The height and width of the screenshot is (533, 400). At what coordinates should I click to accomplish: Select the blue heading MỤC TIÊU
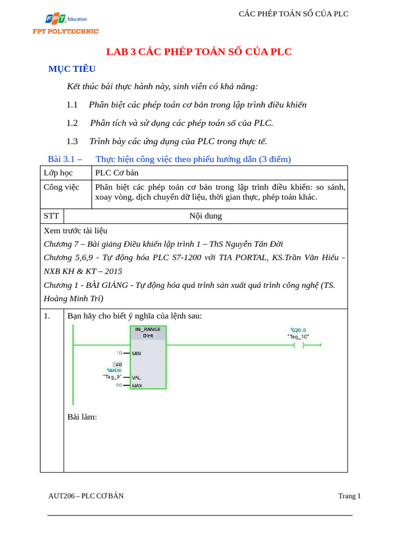pyautogui.click(x=72, y=69)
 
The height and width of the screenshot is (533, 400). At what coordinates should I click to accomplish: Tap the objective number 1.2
pyautogui.click(x=72, y=123)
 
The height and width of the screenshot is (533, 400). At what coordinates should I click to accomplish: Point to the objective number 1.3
pyautogui.click(x=72, y=141)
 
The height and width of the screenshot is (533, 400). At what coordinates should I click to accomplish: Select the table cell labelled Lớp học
pyautogui.click(x=58, y=173)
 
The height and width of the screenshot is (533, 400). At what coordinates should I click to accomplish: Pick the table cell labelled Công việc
pyautogui.click(x=61, y=187)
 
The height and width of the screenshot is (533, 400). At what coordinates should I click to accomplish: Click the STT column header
pyautogui.click(x=52, y=216)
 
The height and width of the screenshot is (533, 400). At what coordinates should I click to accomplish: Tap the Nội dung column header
pyautogui.click(x=205, y=216)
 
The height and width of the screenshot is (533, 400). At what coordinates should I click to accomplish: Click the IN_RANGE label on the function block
pyautogui.click(x=148, y=329)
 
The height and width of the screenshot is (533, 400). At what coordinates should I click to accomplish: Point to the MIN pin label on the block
pyautogui.click(x=136, y=353)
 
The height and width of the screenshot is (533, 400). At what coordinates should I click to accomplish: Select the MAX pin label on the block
pyautogui.click(x=137, y=386)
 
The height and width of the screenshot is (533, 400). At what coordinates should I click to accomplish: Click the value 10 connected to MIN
pyautogui.click(x=119, y=353)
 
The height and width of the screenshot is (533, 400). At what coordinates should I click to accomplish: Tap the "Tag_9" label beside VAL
pyautogui.click(x=112, y=376)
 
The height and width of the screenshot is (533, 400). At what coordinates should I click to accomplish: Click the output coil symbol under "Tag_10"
pyautogui.click(x=299, y=345)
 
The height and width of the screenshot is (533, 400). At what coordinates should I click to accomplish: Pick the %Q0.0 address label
pyautogui.click(x=298, y=329)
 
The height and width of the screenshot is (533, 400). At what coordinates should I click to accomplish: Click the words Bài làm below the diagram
pyautogui.click(x=82, y=417)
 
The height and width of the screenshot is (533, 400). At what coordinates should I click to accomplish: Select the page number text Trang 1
pyautogui.click(x=349, y=496)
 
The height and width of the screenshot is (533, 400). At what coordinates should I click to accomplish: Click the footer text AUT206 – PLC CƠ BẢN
pyautogui.click(x=86, y=496)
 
